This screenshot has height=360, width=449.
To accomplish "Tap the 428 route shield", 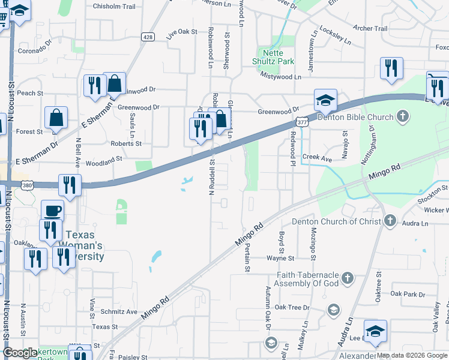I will (x=148, y=37).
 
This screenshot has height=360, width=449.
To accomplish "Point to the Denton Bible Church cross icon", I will (x=403, y=117).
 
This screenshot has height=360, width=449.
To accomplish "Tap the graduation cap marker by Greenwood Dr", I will (x=325, y=100).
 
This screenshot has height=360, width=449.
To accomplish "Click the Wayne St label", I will (x=280, y=258).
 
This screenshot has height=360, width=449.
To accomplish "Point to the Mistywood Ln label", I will (x=281, y=77).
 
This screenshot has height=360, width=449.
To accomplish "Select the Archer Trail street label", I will (x=370, y=28).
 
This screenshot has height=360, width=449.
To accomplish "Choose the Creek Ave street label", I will (x=317, y=158).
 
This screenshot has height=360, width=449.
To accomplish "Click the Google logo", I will (x=20, y=353).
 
